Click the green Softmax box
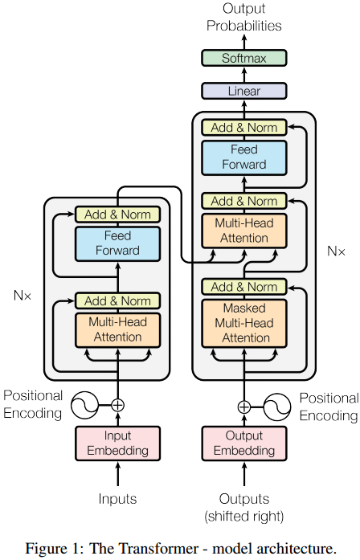pos(243,58)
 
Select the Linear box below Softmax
pos(243,91)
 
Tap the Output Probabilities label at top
pos(243,17)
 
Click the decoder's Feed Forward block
pos(243,157)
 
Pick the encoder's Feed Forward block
pos(117,243)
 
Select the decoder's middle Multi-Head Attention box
pos(243,231)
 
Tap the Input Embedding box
pos(117,443)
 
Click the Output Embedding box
pos(243,443)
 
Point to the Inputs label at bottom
pos(117,499)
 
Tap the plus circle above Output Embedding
pos(243,406)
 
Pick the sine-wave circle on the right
pos(278,406)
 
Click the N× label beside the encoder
pos(22,295)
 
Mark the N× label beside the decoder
pos(336,251)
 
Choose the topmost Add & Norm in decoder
pos(243,127)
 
